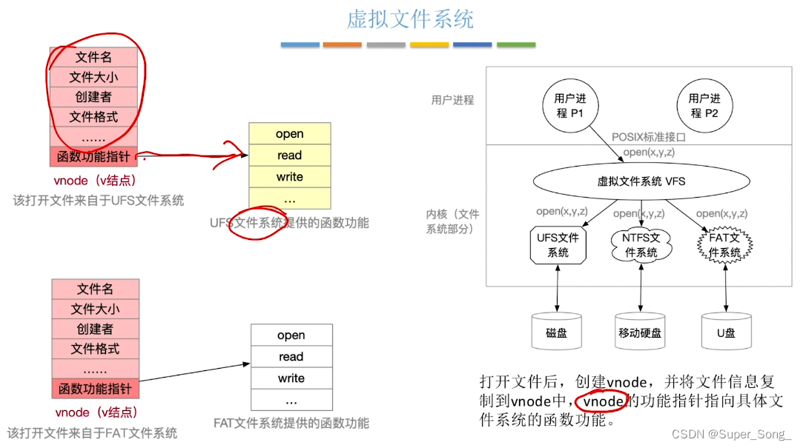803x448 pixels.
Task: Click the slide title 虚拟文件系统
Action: pyautogui.click(x=409, y=19)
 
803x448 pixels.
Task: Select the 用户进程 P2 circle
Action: pyautogui.click(x=704, y=105)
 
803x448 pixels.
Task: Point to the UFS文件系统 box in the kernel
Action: pyautogui.click(x=558, y=245)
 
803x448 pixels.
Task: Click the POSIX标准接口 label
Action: pyautogui.click(x=649, y=137)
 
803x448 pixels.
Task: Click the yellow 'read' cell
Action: pyautogui.click(x=289, y=156)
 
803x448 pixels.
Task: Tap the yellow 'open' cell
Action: pyautogui.click(x=289, y=134)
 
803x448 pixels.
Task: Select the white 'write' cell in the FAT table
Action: pyautogui.click(x=291, y=378)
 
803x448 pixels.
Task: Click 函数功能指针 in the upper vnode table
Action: pyautogui.click(x=94, y=157)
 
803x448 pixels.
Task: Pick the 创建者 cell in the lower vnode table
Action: pyautogui.click(x=95, y=329)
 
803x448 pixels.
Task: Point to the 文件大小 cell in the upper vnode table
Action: pyautogui.click(x=93, y=77)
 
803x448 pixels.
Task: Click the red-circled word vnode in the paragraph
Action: pyautogui.click(x=603, y=401)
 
